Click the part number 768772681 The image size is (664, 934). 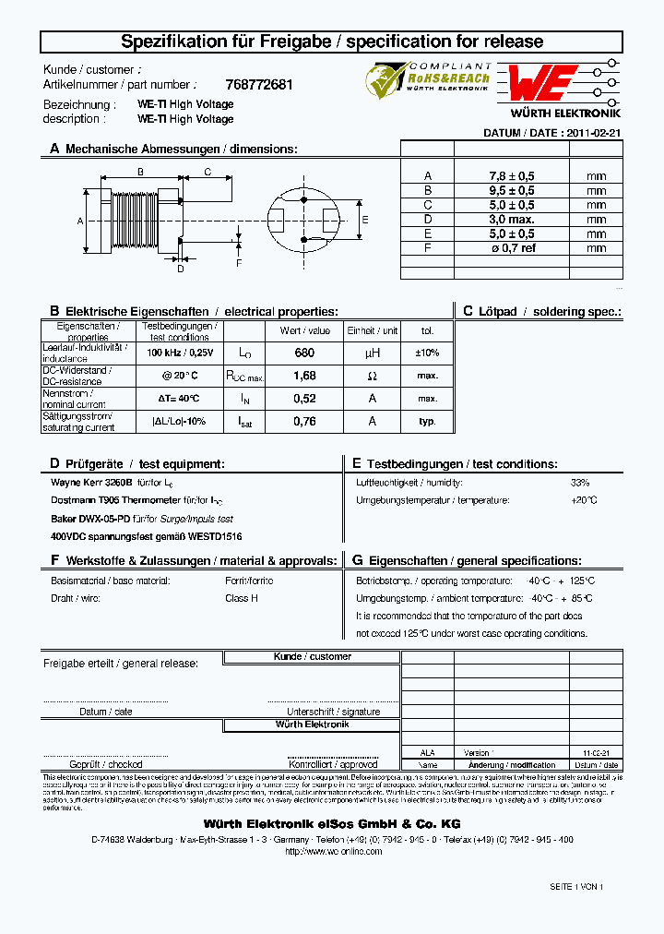[x=259, y=85]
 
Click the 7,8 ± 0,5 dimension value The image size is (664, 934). [x=512, y=175]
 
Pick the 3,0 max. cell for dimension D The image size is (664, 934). [x=512, y=220]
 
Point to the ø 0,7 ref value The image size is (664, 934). [x=512, y=248]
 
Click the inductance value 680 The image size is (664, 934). [x=304, y=353]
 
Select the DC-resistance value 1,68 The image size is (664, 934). [x=304, y=376]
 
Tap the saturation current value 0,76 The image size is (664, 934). [x=304, y=421]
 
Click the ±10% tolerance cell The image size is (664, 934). [x=427, y=353]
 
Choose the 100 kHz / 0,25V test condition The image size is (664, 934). [x=180, y=353]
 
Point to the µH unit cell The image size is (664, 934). [x=372, y=353]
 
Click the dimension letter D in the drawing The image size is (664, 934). [x=181, y=269]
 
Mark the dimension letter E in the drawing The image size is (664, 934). [x=365, y=220]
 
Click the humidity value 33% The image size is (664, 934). [x=579, y=483]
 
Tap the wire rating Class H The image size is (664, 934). [x=242, y=598]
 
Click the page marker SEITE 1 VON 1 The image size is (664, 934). [x=576, y=886]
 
